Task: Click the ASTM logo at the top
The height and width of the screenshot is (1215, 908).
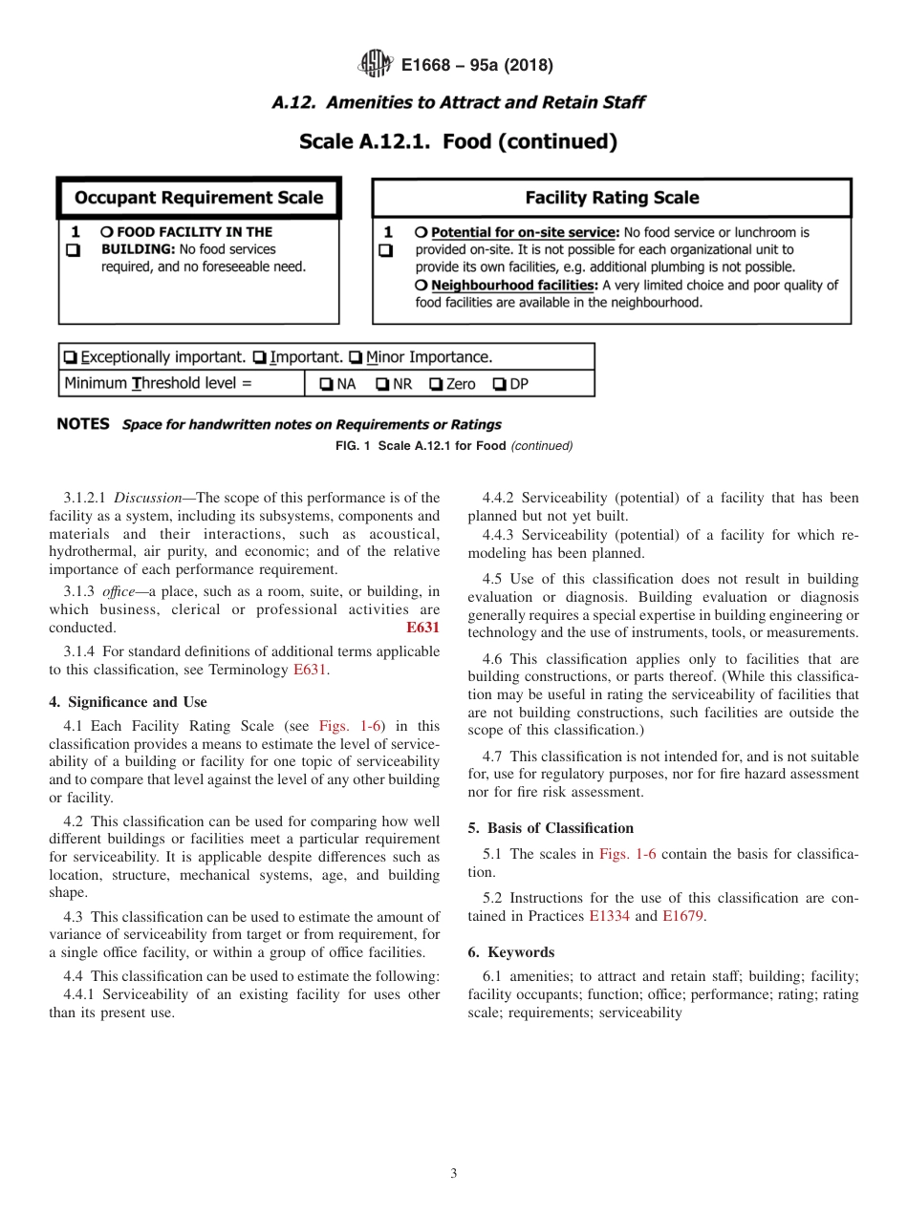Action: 375,65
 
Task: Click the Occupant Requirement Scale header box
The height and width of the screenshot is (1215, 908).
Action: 199,198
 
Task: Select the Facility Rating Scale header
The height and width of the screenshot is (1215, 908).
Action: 612,198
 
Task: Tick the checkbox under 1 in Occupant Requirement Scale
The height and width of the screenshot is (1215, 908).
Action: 72,250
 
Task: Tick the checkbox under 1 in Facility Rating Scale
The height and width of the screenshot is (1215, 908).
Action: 385,251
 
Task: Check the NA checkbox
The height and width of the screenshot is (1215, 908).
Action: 326,384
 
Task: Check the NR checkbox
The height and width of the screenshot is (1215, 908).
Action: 381,384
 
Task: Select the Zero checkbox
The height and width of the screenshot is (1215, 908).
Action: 435,384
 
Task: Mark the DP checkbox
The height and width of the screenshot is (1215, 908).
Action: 499,384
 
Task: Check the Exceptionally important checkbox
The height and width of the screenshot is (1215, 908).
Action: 70,357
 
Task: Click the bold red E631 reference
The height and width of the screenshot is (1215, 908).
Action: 423,628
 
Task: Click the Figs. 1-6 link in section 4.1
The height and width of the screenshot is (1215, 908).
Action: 351,726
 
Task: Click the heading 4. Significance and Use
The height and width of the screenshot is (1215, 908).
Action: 127,702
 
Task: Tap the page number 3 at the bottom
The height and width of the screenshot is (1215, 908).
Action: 454,1174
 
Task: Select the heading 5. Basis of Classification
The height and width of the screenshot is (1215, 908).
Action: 551,828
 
